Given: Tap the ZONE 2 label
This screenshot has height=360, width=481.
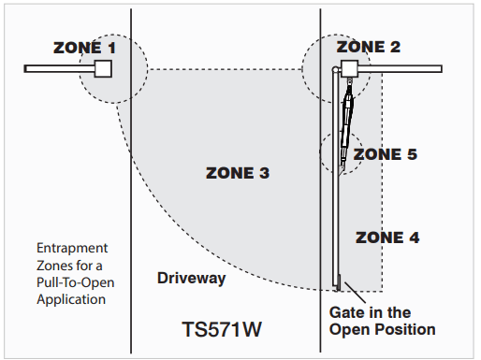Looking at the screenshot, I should [x=368, y=46].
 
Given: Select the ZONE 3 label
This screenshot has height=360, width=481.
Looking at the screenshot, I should [x=238, y=173].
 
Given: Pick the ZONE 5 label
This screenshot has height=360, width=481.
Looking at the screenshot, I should [x=385, y=154].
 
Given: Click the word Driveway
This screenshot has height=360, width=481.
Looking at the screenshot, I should [x=192, y=278].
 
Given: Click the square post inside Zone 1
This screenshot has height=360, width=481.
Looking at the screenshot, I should [x=103, y=68].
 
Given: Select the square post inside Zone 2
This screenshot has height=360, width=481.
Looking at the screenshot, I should [x=349, y=68].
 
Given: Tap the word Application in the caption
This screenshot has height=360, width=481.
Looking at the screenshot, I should [x=71, y=300].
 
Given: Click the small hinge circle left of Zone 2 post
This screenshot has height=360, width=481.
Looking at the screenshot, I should [x=335, y=70].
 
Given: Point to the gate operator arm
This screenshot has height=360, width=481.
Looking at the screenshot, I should [x=348, y=122].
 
